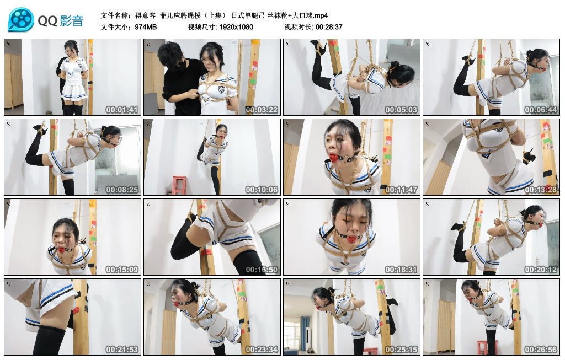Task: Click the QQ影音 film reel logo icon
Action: (21, 20)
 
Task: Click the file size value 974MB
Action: (146, 26)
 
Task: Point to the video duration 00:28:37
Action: (329, 26)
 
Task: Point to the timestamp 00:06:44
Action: (540, 110)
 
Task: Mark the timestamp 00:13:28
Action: (540, 190)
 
